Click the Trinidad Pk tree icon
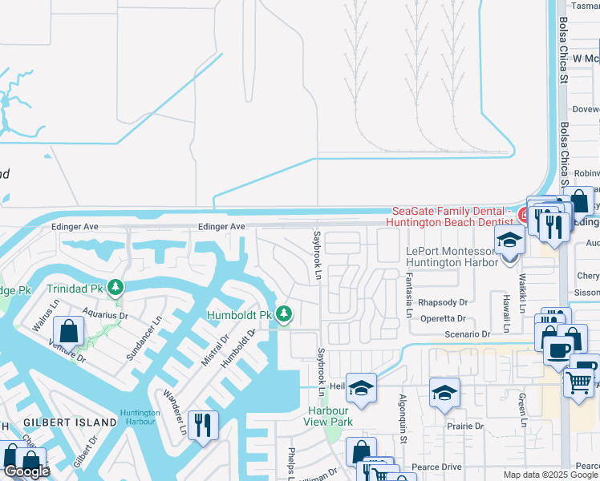(x=116, y=286)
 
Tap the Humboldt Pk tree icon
(x=283, y=313)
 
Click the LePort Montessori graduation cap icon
(x=509, y=239)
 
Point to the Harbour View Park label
(x=330, y=415)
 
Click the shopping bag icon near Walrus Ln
(x=70, y=329)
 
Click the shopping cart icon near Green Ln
(x=578, y=382)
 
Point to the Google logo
(x=26, y=471)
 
